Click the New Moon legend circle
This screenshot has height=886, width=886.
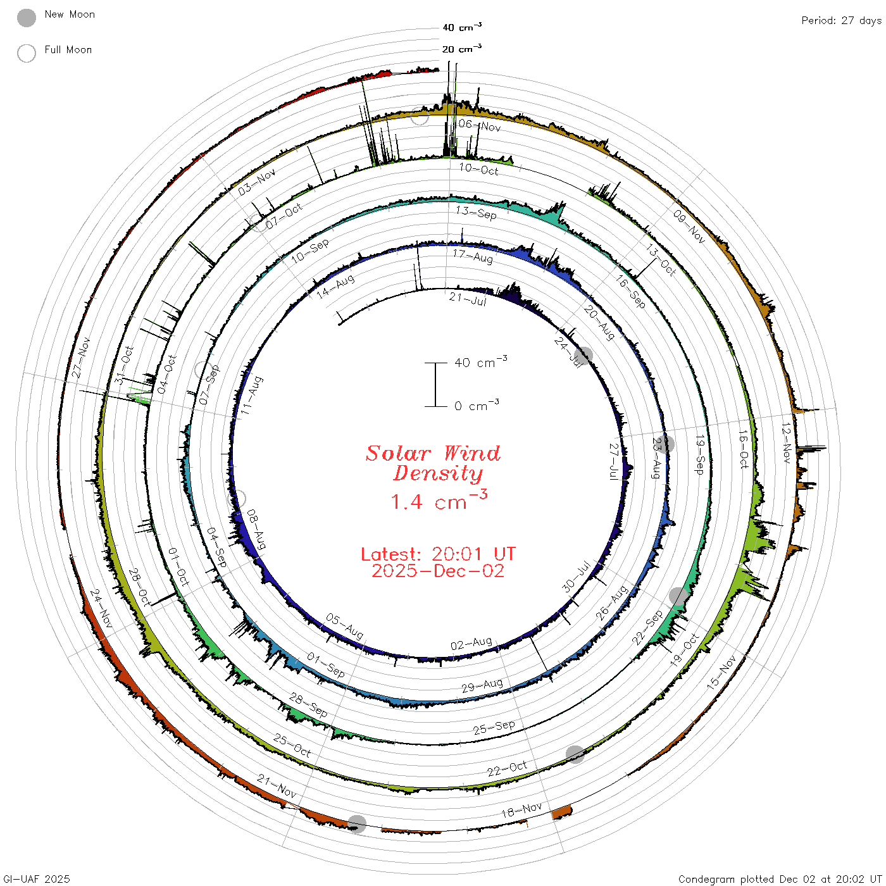tap(27, 18)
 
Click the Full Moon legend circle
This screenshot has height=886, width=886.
tap(27, 53)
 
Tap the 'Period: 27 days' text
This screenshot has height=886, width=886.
tap(842, 21)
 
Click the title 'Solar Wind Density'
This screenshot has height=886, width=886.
tap(433, 463)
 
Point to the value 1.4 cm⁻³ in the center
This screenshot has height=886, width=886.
tap(439, 500)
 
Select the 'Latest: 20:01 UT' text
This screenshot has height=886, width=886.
tap(438, 554)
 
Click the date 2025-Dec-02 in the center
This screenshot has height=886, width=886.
tap(438, 571)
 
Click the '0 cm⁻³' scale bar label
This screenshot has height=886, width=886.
tap(477, 405)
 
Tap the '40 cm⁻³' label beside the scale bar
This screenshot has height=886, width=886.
tap(481, 362)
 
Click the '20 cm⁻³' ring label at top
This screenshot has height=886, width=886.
tap(462, 48)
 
